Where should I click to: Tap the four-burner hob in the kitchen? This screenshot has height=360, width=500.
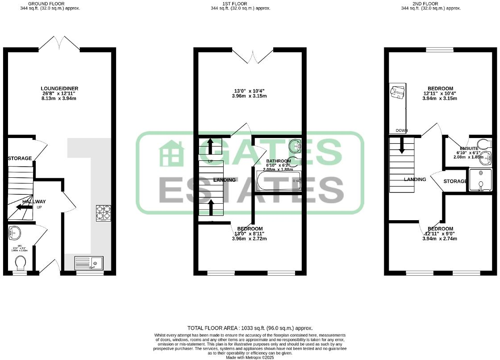tap(104, 213)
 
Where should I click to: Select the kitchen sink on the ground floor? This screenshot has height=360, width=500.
tap(89, 263)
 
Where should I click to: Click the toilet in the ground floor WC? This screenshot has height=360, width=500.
tap(20, 265)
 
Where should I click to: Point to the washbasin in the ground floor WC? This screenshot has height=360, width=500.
tap(14, 232)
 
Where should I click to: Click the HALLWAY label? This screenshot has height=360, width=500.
tap(34, 202)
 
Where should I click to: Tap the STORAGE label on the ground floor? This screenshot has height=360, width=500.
tap(20, 158)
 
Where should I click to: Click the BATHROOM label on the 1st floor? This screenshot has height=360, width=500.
tap(279, 161)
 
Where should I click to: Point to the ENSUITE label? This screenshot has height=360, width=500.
tap(469, 148)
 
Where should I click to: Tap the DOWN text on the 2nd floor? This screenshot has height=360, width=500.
tap(402, 131)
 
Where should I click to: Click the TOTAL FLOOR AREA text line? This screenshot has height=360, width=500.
tap(250, 328)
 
